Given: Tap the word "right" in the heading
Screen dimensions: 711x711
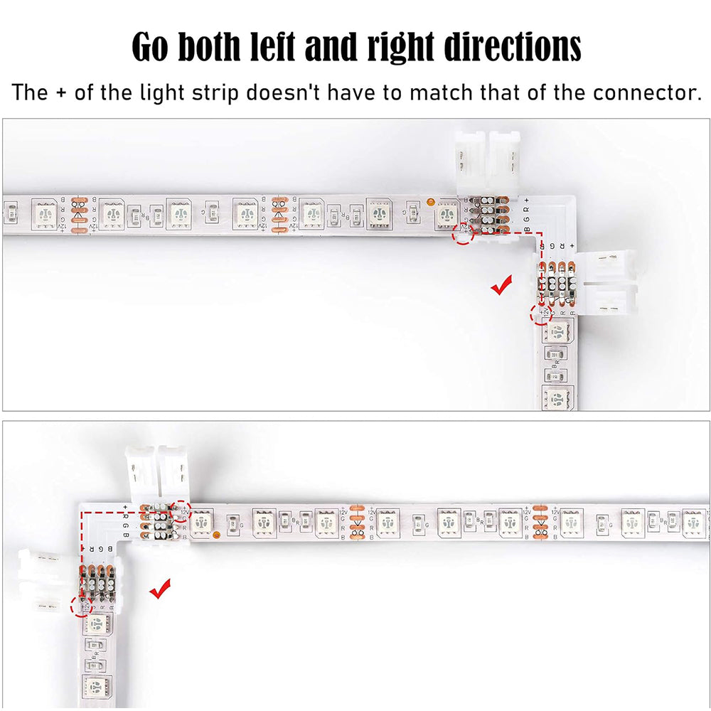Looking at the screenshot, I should (x=403, y=47).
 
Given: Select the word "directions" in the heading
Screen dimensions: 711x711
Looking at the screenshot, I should (x=513, y=47).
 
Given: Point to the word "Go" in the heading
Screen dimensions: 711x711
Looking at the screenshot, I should (x=151, y=47).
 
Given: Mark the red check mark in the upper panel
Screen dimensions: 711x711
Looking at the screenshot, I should (x=502, y=286).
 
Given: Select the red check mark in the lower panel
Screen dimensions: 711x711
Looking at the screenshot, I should (x=160, y=588).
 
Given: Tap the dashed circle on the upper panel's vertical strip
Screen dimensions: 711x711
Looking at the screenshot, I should (x=541, y=313).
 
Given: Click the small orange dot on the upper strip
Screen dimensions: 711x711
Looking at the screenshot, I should (x=431, y=201).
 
